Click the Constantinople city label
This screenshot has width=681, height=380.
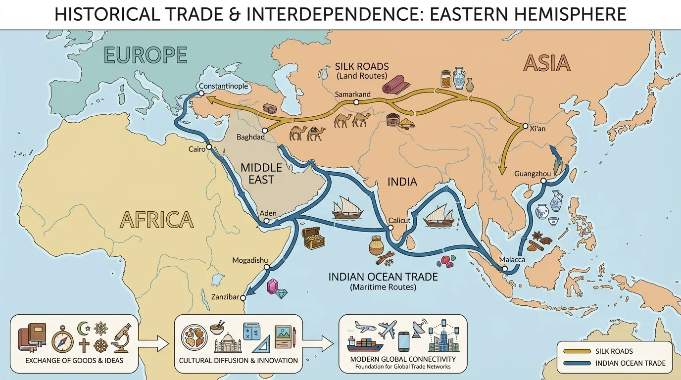(x=223, y=87)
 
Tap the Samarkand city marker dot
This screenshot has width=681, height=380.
(x=356, y=102)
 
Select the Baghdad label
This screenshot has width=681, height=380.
(x=250, y=137)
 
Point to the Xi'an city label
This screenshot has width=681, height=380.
(x=537, y=128)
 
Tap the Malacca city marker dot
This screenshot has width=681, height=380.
(x=505, y=269)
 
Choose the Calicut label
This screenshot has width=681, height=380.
(x=400, y=221)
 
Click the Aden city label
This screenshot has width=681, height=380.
(x=268, y=213)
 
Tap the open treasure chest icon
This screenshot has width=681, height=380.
(x=314, y=238)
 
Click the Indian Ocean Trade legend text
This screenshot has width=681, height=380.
(x=631, y=364)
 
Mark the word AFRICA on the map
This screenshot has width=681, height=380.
(x=157, y=219)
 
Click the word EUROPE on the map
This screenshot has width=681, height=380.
(x=146, y=55)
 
